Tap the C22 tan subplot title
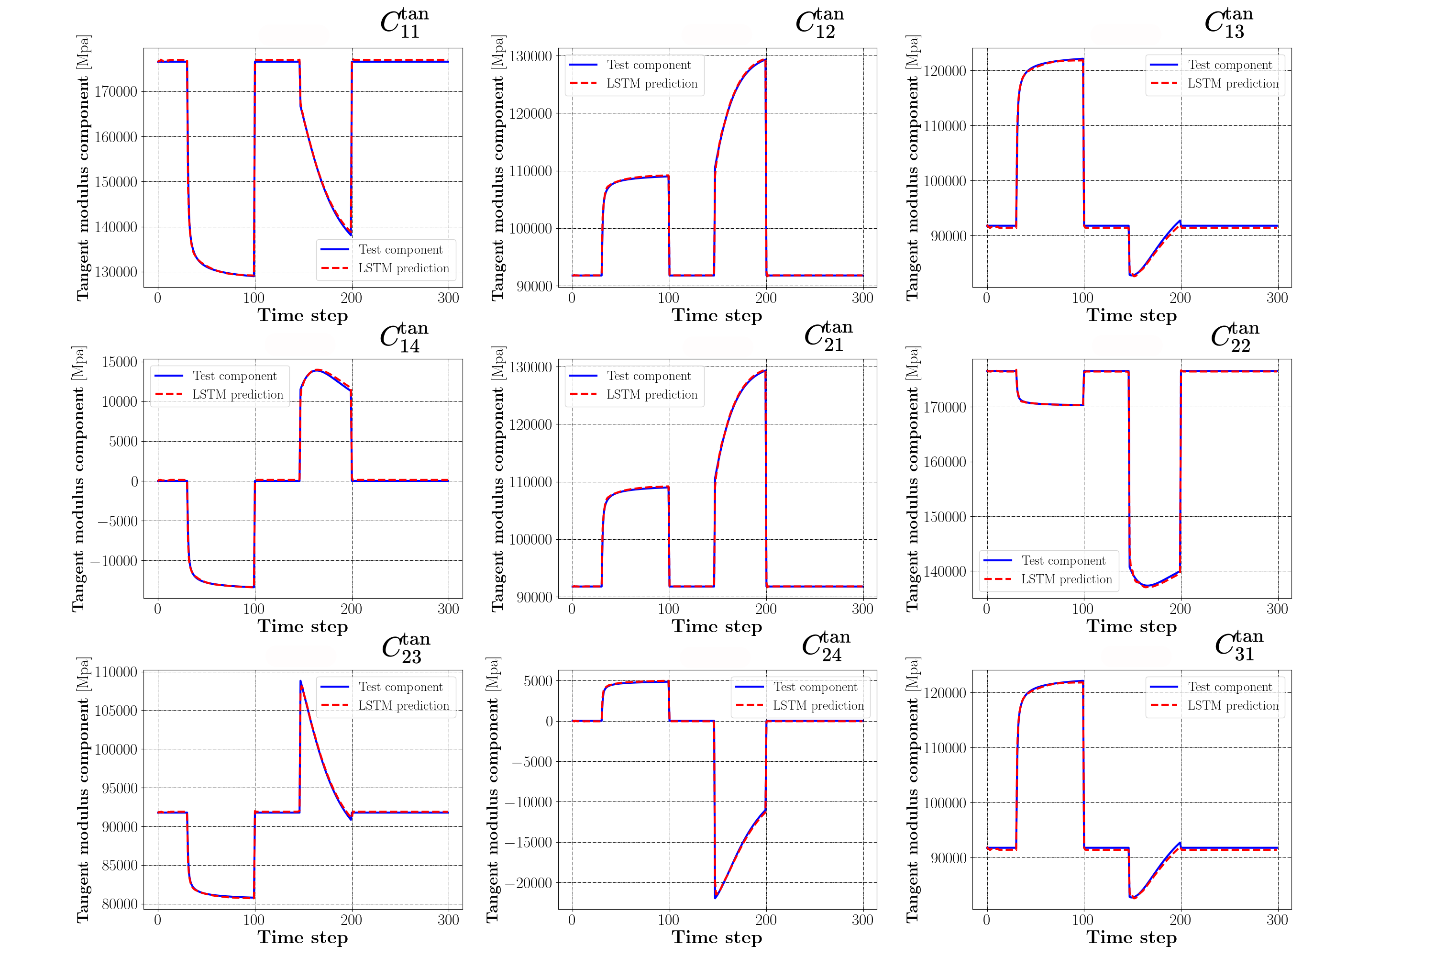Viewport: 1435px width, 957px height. (x=1234, y=337)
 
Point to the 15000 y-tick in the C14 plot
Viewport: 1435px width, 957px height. (x=120, y=362)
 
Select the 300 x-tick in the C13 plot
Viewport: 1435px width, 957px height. (x=1277, y=298)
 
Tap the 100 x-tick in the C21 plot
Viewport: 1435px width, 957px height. (x=669, y=609)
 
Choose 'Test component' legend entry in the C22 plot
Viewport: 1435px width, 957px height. (x=1063, y=560)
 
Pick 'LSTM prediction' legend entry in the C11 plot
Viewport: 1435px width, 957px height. (x=403, y=268)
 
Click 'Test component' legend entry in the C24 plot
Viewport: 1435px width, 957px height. (x=815, y=687)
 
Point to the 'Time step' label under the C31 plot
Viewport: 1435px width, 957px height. (x=1131, y=937)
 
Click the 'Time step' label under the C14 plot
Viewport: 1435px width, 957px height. (x=303, y=626)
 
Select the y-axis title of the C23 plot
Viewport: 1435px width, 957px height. (x=83, y=790)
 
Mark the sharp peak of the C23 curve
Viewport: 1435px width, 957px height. (x=300, y=681)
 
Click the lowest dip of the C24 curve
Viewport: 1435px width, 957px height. (x=715, y=898)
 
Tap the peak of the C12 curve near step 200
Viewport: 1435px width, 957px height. (x=764, y=60)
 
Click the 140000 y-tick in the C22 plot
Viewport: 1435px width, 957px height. (x=945, y=572)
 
